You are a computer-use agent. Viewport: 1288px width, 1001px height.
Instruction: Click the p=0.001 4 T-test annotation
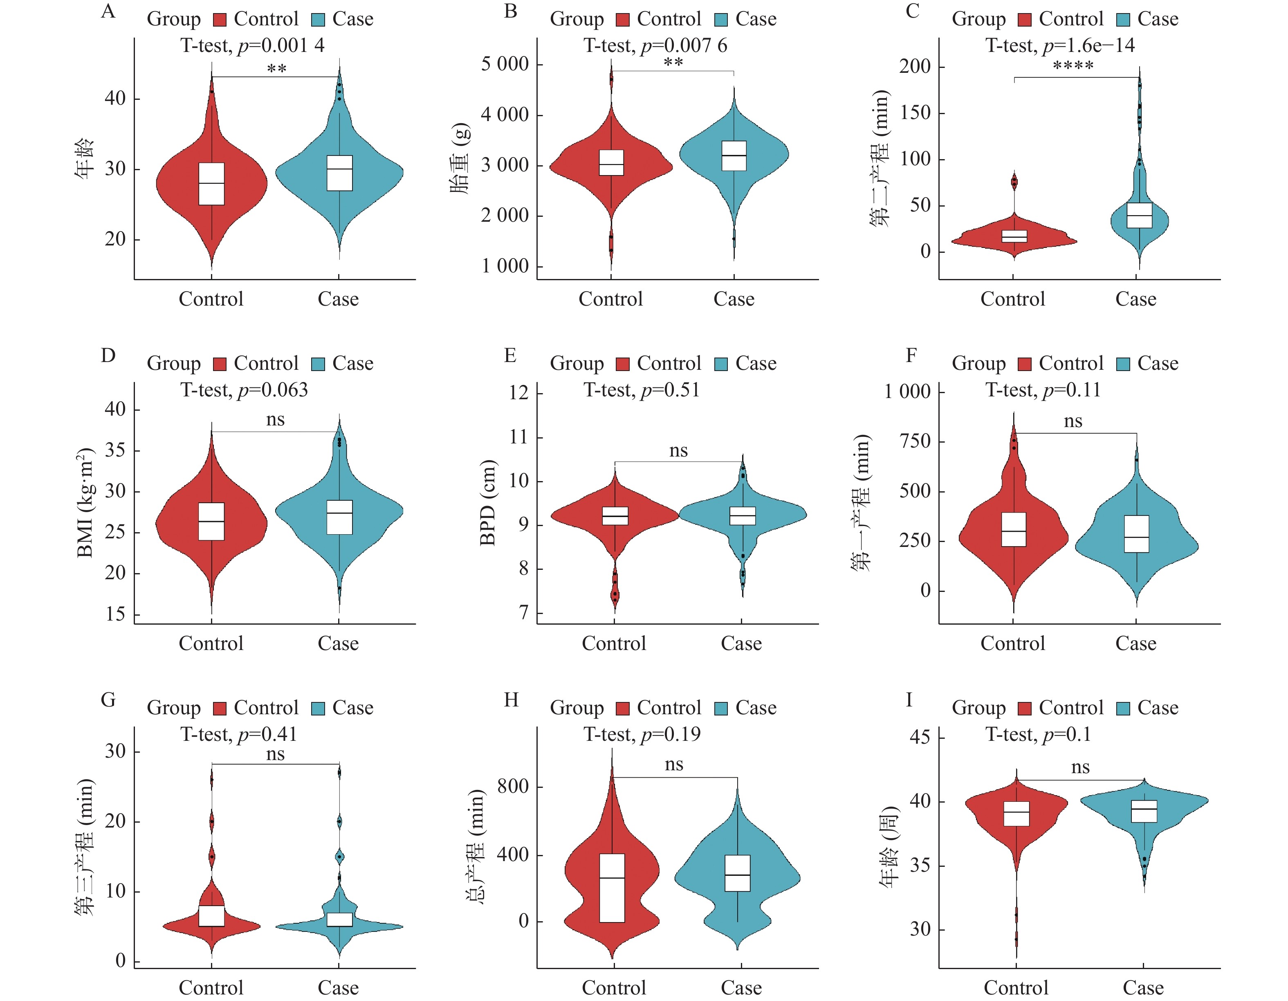tap(252, 45)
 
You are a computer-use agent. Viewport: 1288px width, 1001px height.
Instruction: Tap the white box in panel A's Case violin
tap(340, 173)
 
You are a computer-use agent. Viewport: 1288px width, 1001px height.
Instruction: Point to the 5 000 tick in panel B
tap(505, 64)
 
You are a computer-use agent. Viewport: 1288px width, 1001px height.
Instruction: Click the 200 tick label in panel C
tap(915, 67)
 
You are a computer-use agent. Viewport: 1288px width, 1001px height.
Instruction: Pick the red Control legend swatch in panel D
tap(220, 364)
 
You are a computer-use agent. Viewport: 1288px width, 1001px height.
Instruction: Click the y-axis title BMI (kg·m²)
tap(85, 503)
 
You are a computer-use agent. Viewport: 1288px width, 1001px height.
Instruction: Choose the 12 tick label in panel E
tap(519, 392)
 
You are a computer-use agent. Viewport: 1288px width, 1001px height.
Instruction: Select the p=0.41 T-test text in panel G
tap(239, 734)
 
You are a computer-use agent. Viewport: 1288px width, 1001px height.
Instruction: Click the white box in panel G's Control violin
tap(212, 916)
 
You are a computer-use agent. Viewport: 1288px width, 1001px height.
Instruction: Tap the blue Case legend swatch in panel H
tap(720, 709)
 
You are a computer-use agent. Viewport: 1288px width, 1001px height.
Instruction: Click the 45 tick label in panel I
tap(920, 737)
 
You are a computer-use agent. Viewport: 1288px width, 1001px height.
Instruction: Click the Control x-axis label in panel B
tap(610, 299)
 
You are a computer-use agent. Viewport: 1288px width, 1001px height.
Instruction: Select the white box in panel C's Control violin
tap(1015, 236)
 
